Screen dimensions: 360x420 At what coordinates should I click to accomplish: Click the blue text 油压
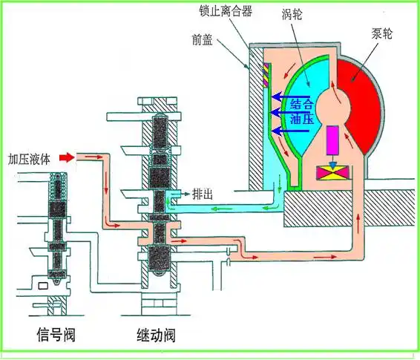301,119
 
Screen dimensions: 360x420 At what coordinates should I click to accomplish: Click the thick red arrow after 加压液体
67,157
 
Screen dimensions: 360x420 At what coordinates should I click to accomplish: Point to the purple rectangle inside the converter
332,140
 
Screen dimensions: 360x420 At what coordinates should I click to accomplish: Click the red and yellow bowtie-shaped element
331,172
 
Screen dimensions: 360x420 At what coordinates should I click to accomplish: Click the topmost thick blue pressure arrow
281,96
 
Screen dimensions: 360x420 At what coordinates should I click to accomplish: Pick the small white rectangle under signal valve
44,285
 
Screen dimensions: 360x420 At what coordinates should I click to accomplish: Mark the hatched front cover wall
255,111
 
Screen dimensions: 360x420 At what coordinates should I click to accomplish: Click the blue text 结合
301,104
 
